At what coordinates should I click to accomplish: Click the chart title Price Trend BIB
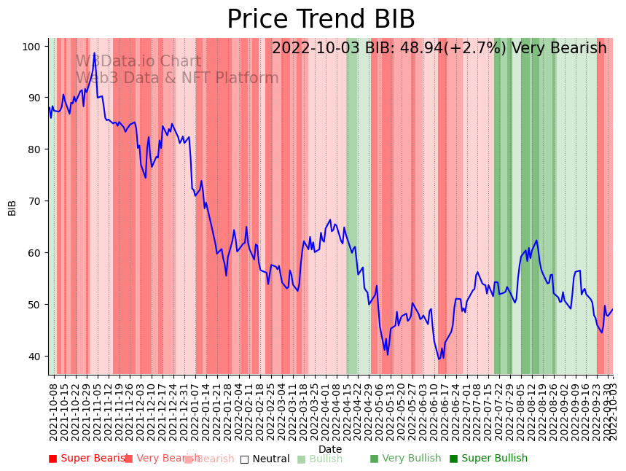pos(321,20)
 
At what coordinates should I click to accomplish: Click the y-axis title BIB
pos(12,207)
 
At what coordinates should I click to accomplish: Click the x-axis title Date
pos(330,449)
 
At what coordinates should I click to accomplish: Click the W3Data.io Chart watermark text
pos(138,61)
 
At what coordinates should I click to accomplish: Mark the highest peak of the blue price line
pos(94,52)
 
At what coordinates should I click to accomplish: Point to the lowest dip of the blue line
pos(439,358)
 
